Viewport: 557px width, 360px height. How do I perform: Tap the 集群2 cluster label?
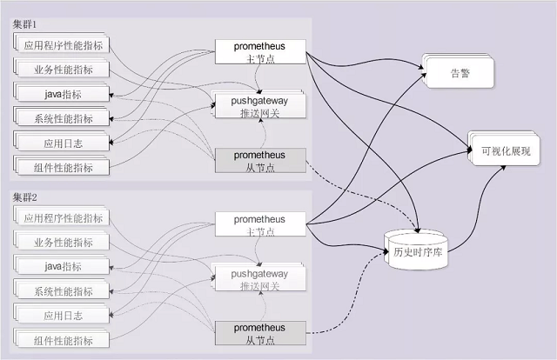point(24,200)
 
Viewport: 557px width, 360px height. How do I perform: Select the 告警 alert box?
point(459,73)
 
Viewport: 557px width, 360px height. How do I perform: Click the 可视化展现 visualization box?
point(505,150)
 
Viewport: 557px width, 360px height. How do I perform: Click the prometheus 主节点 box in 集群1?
point(259,51)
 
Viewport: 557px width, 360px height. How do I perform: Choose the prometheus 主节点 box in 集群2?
point(259,225)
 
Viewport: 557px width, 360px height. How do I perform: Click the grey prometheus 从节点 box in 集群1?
point(259,160)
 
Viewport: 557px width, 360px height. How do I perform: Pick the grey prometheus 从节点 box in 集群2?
point(259,333)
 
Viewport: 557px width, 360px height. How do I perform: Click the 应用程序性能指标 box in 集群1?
point(63,45)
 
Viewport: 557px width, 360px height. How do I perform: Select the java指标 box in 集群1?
point(63,94)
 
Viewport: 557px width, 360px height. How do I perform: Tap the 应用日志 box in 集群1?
point(63,143)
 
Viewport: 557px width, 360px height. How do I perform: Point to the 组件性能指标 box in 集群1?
point(63,167)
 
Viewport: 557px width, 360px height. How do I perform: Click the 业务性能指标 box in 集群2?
point(63,243)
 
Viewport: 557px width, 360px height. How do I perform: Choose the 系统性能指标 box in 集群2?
point(63,291)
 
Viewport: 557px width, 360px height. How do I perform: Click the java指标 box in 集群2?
point(63,267)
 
